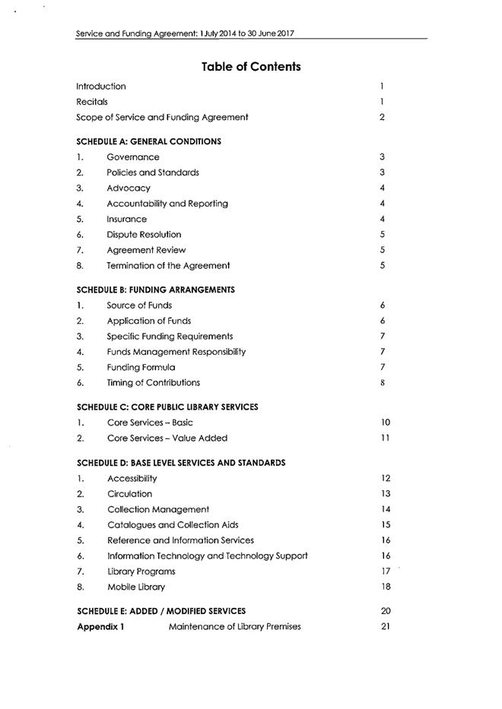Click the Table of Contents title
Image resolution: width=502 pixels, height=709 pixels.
(x=251, y=67)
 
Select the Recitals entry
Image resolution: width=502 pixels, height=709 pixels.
(x=92, y=101)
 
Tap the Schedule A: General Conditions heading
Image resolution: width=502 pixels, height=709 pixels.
(x=149, y=141)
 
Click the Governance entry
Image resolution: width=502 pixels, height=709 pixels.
(x=133, y=157)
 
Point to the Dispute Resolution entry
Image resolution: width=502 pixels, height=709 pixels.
(x=144, y=235)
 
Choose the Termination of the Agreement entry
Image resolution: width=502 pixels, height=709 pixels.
(x=168, y=266)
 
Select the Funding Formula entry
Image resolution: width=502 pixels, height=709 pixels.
(x=141, y=367)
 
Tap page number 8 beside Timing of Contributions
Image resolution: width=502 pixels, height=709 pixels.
(x=382, y=383)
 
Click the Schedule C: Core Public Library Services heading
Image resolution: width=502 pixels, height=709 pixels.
(x=167, y=407)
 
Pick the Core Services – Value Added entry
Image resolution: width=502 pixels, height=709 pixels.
(x=167, y=438)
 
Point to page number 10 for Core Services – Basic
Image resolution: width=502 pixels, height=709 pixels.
(x=385, y=423)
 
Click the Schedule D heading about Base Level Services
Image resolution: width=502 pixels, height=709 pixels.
(x=181, y=462)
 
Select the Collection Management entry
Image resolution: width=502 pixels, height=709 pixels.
(x=158, y=509)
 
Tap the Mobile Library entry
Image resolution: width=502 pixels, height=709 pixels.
(x=136, y=587)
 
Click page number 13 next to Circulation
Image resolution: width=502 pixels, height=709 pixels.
(x=385, y=494)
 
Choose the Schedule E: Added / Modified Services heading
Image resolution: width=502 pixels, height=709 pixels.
(x=161, y=611)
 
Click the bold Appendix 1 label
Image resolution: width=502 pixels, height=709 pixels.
(x=100, y=627)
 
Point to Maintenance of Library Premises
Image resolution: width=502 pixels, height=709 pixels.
(x=235, y=627)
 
